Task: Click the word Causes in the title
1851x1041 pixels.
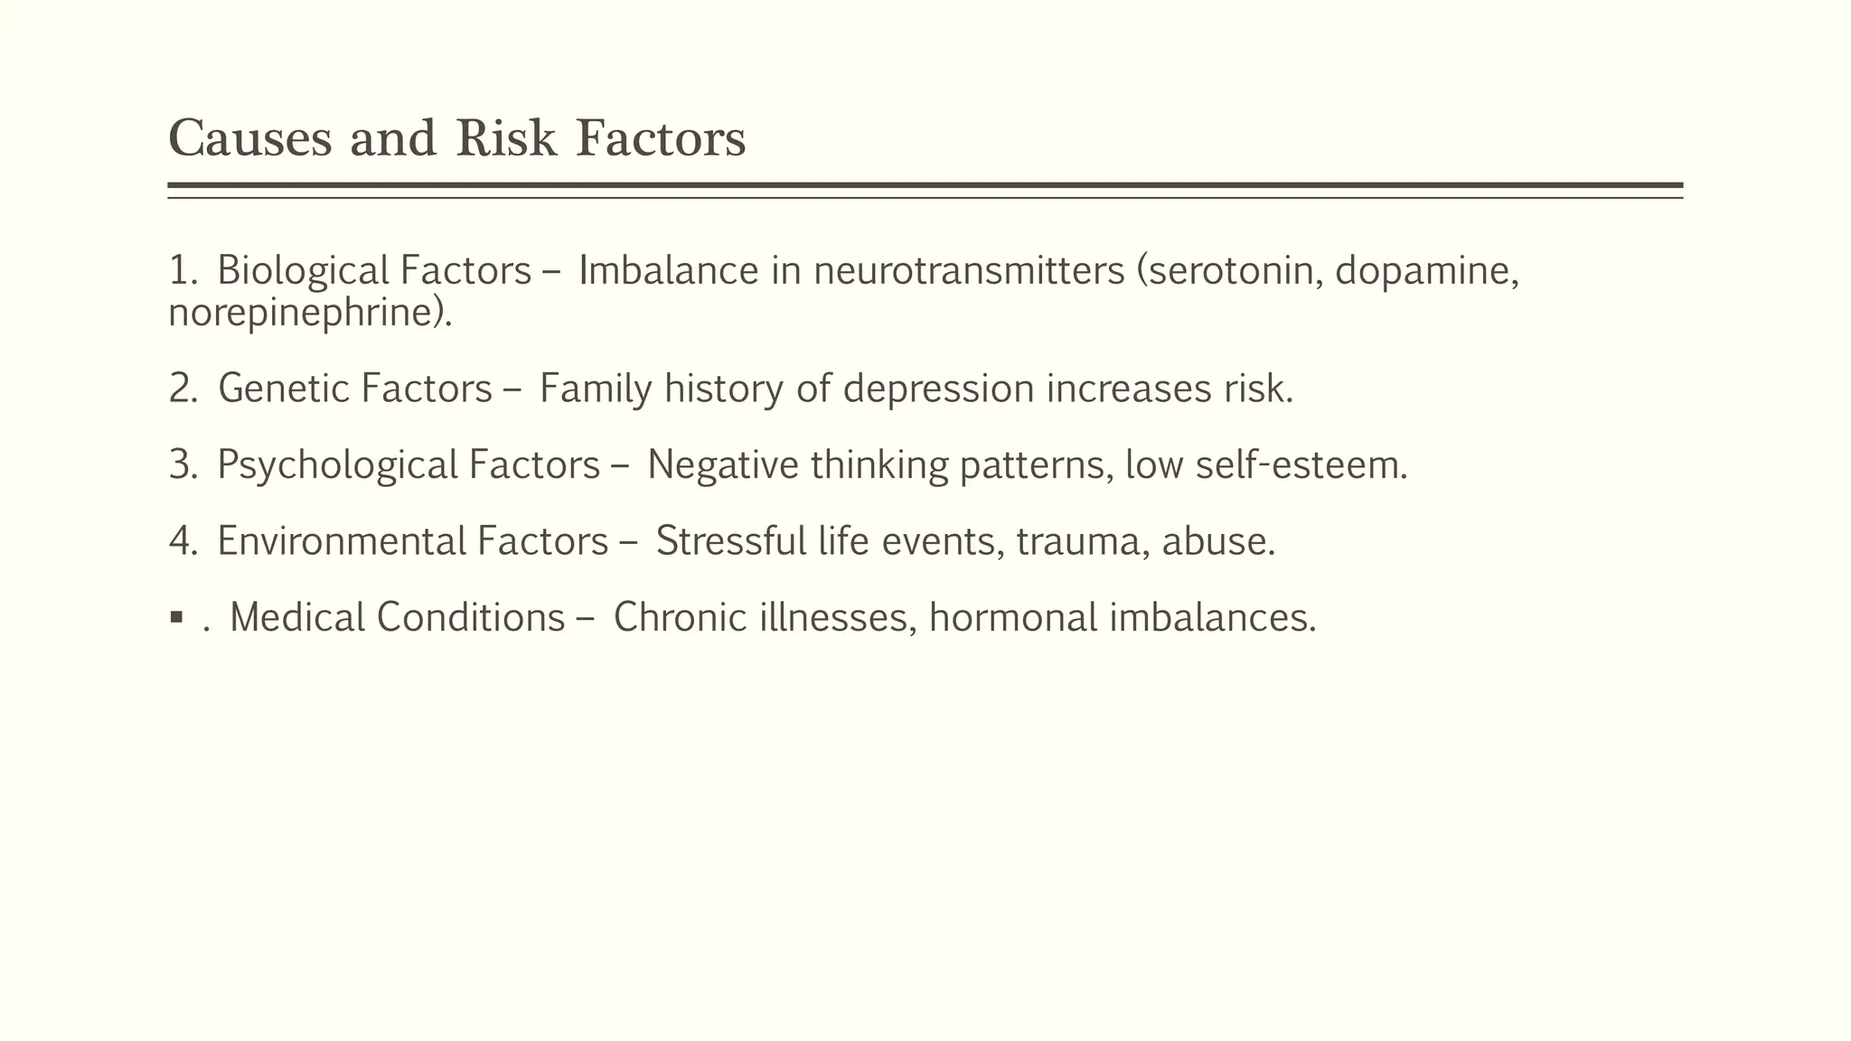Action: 250,139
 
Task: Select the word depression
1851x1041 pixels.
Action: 938,389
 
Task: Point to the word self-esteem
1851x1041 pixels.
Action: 1301,465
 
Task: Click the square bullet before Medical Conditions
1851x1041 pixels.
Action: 176,619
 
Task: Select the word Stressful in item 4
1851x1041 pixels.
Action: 730,541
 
